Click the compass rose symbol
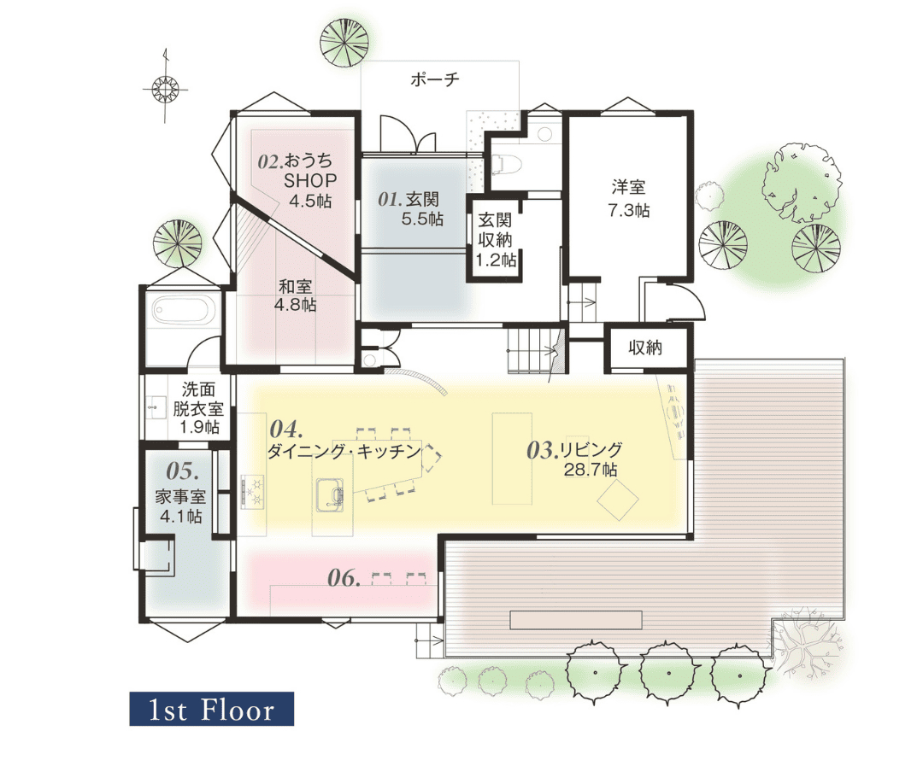click(165, 88)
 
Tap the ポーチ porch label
click(434, 79)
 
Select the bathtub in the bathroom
click(183, 309)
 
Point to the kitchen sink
click(330, 495)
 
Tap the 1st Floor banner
click(211, 709)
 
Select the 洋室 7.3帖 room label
click(629, 199)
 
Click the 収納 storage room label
click(645, 348)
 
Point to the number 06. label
click(344, 577)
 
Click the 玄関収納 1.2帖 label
click(496, 239)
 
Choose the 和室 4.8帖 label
click(296, 295)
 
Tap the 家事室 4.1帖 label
click(180, 506)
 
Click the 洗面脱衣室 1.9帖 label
click(197, 408)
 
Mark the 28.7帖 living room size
click(591, 470)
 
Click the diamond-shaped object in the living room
click(618, 500)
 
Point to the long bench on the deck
click(576, 620)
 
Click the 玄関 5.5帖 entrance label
click(411, 208)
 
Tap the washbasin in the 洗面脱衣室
click(156, 406)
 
